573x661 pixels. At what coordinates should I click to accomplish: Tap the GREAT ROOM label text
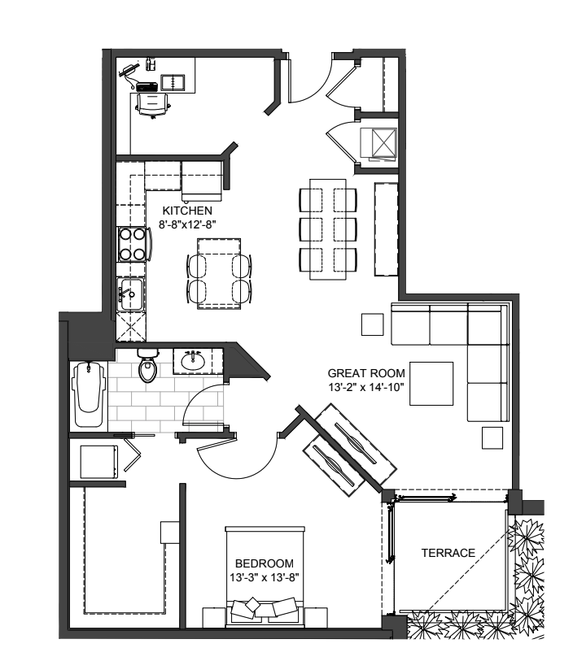coord(361,375)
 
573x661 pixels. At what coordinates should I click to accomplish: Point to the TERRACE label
coord(448,553)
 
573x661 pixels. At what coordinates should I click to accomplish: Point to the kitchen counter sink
coord(128,290)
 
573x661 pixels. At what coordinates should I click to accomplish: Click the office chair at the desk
coord(153,103)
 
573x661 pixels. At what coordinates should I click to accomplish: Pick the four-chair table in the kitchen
coord(220,273)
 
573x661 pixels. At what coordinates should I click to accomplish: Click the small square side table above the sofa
coord(373,324)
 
